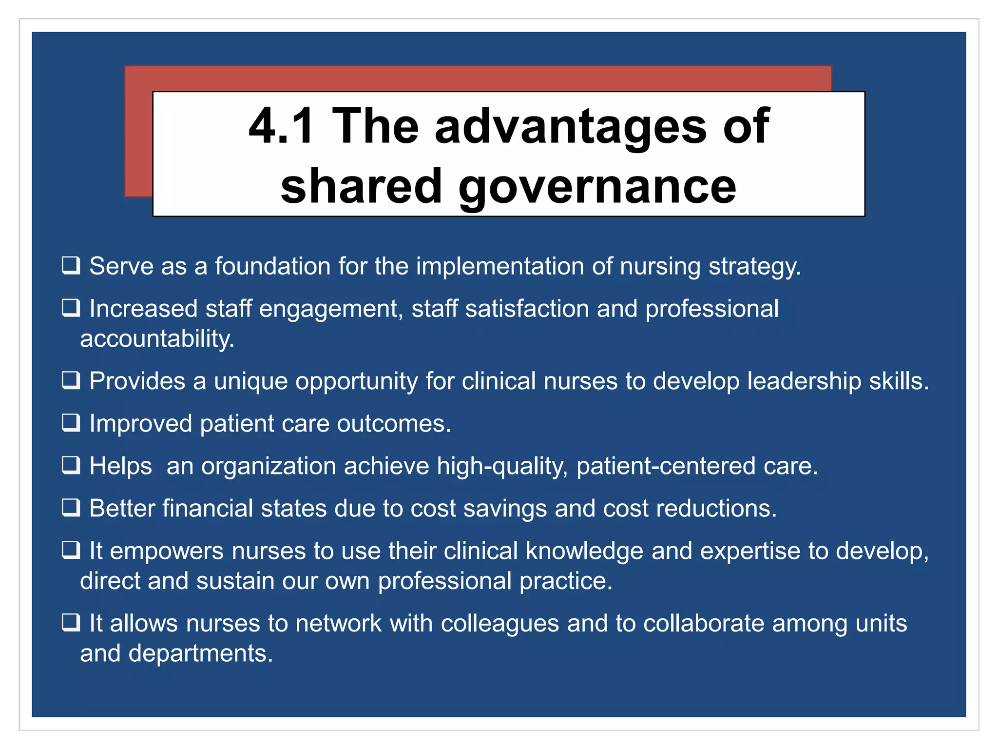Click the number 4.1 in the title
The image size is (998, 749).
click(281, 126)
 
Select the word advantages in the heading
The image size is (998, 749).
click(571, 126)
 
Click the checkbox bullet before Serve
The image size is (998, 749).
click(71, 266)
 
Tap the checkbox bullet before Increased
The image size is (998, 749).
click(71, 308)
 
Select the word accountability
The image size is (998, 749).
click(157, 339)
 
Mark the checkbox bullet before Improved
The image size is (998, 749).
click(71, 423)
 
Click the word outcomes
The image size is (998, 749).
click(394, 423)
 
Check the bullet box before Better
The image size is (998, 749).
click(71, 508)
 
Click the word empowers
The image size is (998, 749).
click(167, 552)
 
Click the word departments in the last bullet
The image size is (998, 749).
click(200, 653)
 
